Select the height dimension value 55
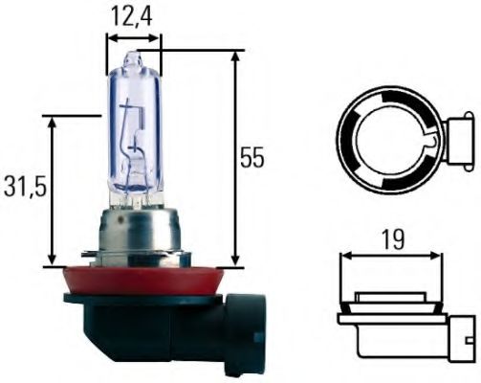tap(251, 158)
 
